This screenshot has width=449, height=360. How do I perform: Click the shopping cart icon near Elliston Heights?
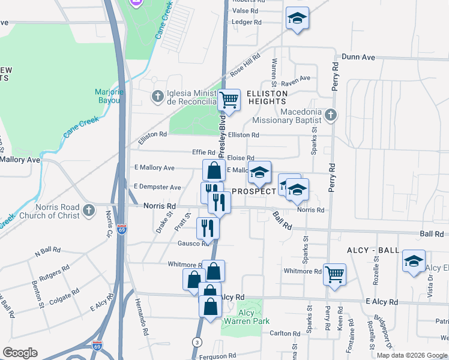(x=229, y=100)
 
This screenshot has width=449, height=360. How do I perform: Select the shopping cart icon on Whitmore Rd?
(x=334, y=274)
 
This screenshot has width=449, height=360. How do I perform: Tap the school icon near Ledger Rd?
(x=297, y=18)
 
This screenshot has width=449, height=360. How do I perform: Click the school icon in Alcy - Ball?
(x=414, y=261)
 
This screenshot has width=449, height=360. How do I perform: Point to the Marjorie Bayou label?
(x=108, y=96)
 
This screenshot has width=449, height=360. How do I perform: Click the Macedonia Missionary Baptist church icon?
(x=330, y=114)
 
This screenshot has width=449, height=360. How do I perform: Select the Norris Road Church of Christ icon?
(x=89, y=211)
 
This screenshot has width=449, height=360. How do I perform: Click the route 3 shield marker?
(x=196, y=341)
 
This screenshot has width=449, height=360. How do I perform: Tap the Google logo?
(x=20, y=353)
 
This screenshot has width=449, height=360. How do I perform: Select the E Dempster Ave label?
(x=157, y=187)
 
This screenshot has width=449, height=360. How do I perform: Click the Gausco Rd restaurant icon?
(x=208, y=227)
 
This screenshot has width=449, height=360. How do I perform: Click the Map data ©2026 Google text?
(x=412, y=355)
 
